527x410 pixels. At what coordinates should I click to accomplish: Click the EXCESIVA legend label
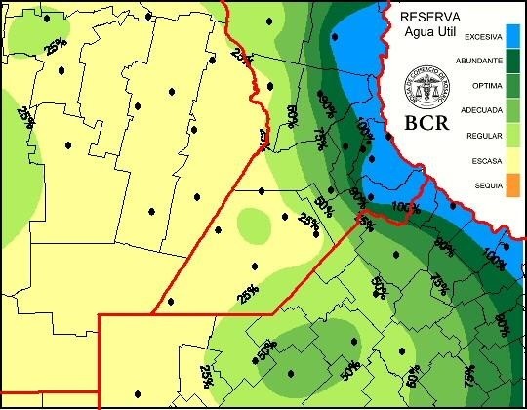tap(483, 38)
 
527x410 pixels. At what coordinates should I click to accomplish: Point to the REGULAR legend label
tap(485, 135)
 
